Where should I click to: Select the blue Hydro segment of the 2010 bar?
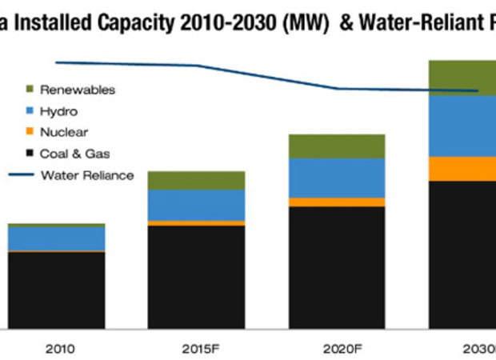(x=56, y=238)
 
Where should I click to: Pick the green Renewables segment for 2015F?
(x=196, y=180)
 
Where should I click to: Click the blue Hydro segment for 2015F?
(x=196, y=205)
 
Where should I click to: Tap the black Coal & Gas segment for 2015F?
(x=196, y=277)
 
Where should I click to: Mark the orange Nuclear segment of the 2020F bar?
(x=337, y=202)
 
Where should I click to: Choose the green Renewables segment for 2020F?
(x=337, y=146)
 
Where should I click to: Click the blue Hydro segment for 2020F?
(x=337, y=178)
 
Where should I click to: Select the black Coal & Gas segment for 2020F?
(x=337, y=267)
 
